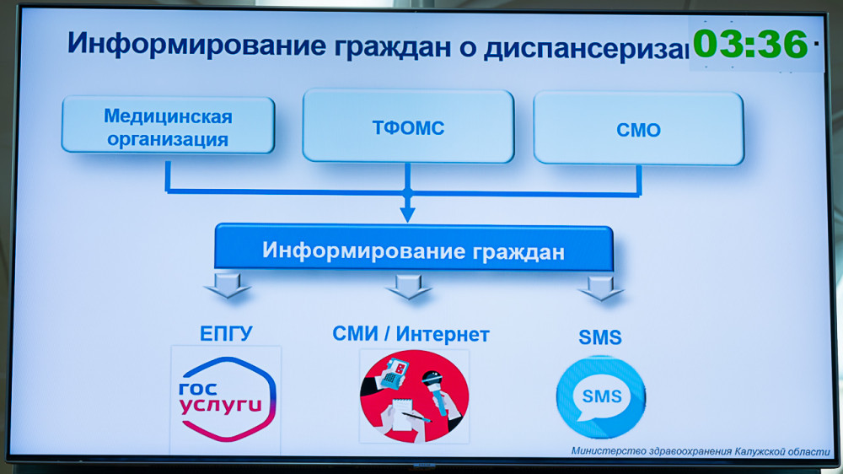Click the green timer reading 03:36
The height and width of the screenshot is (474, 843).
click(750, 44)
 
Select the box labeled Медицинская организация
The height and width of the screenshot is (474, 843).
click(169, 125)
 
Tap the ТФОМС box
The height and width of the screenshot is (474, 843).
click(408, 127)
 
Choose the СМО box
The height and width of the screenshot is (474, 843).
click(639, 128)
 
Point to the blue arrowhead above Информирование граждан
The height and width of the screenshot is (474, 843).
click(407, 214)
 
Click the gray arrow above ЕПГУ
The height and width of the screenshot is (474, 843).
click(228, 285)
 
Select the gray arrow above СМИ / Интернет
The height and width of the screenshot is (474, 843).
click(408, 286)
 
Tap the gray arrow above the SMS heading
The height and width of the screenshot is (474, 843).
click(601, 288)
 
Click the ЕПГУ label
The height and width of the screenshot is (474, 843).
click(226, 334)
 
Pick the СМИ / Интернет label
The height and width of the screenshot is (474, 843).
click(411, 334)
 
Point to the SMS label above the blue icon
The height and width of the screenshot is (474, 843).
click(600, 337)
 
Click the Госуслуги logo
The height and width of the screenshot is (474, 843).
click(226, 399)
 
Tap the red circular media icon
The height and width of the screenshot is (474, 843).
click(414, 396)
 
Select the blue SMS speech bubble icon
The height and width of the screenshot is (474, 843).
click(601, 397)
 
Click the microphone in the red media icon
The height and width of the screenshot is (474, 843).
click(438, 391)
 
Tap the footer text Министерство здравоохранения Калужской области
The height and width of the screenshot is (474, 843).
click(701, 451)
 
